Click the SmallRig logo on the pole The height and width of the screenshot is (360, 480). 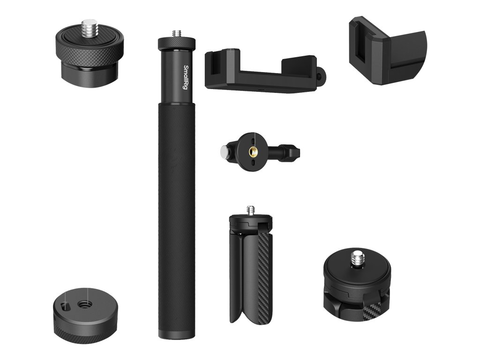[x=186, y=80]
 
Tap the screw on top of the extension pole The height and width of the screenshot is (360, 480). [x=177, y=34]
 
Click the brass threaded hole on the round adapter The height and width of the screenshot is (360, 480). [x=254, y=151]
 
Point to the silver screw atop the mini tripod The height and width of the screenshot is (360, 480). [x=251, y=210]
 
